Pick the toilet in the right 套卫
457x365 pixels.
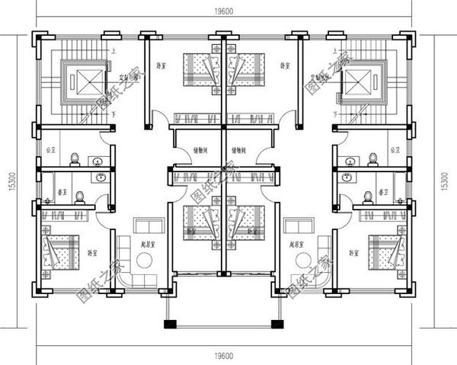[369, 196]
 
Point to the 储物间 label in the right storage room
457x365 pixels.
[239, 151]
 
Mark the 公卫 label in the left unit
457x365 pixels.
[51, 150]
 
